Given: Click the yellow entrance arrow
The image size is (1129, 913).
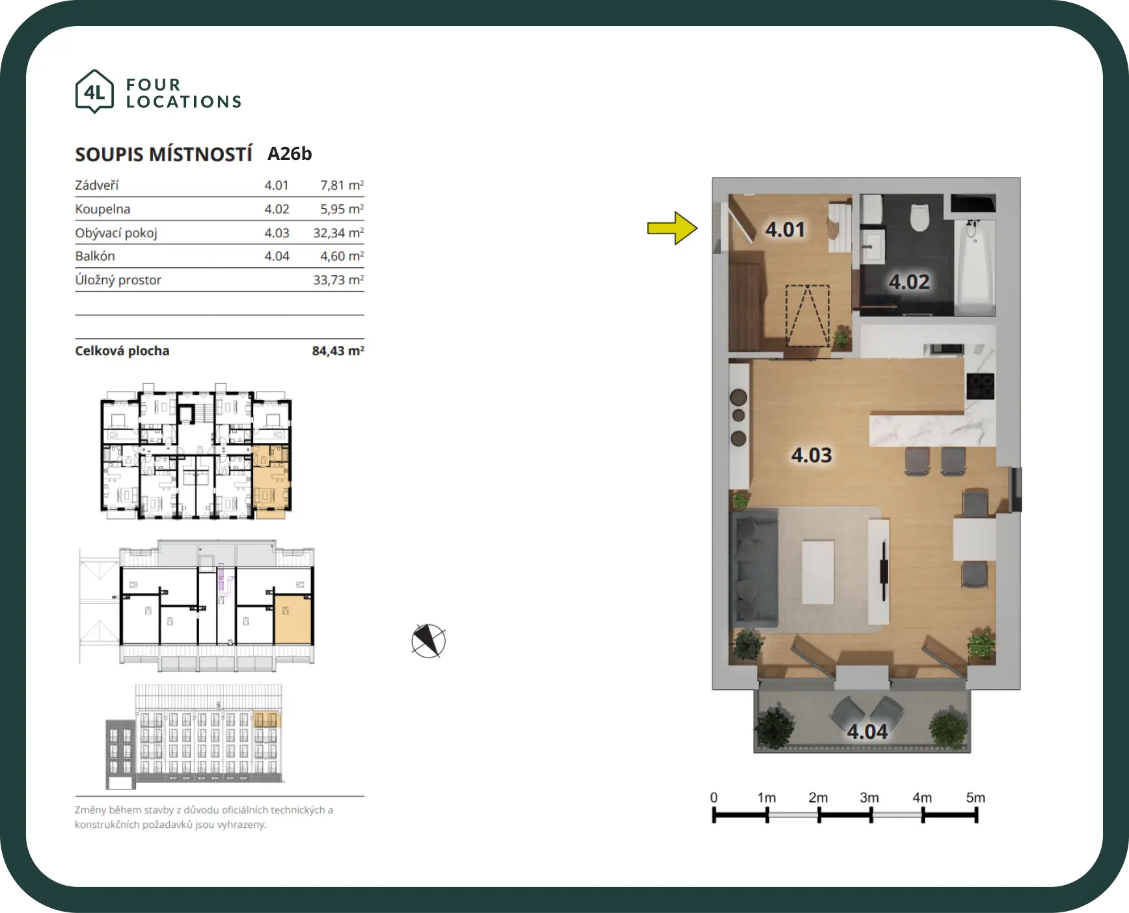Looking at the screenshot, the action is coord(672,228).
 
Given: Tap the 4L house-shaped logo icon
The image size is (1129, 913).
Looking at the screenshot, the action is coord(94,91).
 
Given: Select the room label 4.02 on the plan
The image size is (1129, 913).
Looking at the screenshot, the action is coord(909,282).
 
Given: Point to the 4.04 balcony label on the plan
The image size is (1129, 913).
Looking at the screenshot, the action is coord(867,732).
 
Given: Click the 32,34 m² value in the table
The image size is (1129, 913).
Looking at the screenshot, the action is coord(338,233).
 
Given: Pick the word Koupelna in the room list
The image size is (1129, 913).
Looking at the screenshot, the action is coord(103,209).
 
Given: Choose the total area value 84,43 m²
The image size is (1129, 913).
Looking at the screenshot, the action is coord(338,351).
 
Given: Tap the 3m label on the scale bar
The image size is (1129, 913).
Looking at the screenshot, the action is coord(869,797).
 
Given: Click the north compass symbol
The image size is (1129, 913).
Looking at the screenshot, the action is coord(428,641).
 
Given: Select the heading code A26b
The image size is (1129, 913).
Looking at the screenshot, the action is coord(290,153).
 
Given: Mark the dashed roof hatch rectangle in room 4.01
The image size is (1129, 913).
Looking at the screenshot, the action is coord(808,316).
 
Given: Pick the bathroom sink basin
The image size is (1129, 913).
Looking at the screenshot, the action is coord(873,245).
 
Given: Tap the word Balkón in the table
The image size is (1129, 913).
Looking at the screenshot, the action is coord(95,256).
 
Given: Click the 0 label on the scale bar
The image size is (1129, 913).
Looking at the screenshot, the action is coord(714,797).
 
